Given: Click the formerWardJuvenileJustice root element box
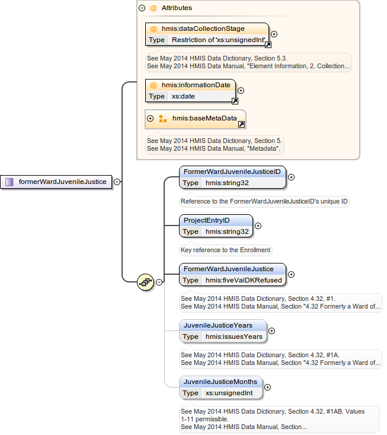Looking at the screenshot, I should point(57,182).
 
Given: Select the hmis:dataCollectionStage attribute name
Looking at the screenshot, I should point(203,28).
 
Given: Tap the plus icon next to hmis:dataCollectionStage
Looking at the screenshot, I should point(274,34).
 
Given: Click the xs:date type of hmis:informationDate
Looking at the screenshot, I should point(183,96).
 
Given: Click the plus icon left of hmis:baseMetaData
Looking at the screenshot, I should point(150,118).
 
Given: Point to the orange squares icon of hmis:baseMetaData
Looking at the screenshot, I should point(163,119).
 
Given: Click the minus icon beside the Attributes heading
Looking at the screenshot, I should point(142,8).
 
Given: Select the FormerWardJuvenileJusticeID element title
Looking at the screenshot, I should point(232,172).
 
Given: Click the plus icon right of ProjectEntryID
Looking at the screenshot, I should point(258,226).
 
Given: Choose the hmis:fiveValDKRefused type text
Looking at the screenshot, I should point(244,280).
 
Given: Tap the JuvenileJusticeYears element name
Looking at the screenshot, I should point(218,325).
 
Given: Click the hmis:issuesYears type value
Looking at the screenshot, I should point(234,336).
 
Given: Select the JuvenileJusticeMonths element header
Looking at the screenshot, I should point(220,382).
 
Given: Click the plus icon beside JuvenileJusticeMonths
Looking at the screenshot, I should point(267,387).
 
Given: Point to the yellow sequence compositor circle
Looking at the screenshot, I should point(145,282).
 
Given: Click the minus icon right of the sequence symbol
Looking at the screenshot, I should point(159,282).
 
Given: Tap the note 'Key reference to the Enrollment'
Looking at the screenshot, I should point(225,250).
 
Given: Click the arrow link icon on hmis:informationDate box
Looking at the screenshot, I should point(234,101).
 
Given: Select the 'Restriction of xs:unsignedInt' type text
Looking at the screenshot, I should point(218,40).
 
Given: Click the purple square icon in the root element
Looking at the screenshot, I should point(9,182).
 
